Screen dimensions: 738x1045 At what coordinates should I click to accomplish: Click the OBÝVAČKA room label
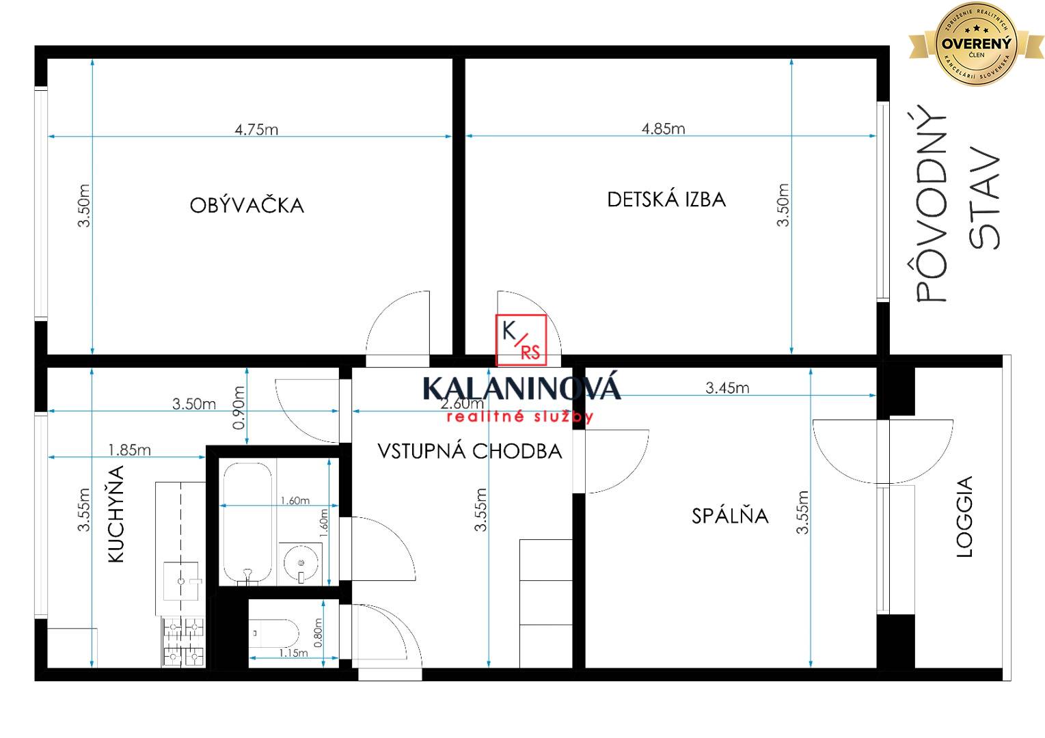247,205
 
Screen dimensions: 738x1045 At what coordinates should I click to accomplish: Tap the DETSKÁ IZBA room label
666,200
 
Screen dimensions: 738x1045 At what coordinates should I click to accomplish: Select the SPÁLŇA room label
730,515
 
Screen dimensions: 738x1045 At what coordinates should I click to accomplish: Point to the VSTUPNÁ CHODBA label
470,451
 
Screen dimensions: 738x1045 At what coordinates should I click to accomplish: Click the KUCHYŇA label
117,514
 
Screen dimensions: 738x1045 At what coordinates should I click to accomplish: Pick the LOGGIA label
964,517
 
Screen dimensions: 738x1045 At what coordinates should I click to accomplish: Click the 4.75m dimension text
256,129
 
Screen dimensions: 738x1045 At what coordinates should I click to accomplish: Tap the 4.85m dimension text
663,128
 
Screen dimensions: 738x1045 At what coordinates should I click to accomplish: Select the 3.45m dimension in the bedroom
727,388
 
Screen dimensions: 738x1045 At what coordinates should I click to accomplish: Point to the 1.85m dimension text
129,450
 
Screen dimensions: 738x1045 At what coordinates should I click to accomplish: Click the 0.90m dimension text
239,408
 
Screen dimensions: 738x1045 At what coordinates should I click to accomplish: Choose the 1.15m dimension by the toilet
293,653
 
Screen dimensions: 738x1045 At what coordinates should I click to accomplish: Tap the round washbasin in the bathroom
300,563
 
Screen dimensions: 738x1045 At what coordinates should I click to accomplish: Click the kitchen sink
181,581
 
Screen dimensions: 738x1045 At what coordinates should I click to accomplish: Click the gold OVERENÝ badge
976,44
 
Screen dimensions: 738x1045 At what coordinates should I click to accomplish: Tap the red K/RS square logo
521,340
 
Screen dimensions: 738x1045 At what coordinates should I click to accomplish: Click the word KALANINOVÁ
521,388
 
